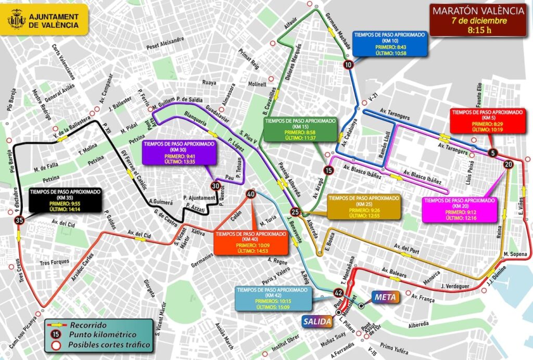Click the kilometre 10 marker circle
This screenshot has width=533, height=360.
pos(348,65)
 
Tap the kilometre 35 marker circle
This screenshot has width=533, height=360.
pos(20,221)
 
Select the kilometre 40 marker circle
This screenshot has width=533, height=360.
pos(251,194)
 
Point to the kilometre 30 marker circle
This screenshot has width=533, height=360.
pos(215,186)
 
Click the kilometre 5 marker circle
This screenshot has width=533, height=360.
pos(492,153)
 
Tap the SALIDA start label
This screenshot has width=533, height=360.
pos(317,322)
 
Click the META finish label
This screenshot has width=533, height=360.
pos(385,298)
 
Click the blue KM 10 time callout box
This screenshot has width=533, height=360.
pos(389,44)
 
